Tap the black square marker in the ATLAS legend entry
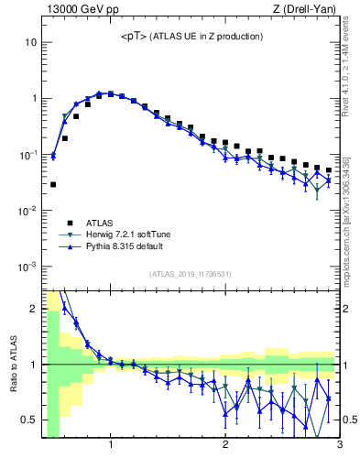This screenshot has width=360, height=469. (70, 223)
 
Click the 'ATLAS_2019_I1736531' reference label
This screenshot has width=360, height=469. (191, 275)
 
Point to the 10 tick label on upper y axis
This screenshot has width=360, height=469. (30, 42)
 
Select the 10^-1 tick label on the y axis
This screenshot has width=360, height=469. (26, 155)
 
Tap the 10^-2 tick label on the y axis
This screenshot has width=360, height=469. (26, 211)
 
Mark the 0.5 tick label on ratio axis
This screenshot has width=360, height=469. (27, 420)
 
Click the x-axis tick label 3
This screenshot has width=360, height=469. (339, 446)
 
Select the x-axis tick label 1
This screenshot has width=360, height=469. (111, 446)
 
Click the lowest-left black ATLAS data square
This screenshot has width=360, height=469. (53, 184)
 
